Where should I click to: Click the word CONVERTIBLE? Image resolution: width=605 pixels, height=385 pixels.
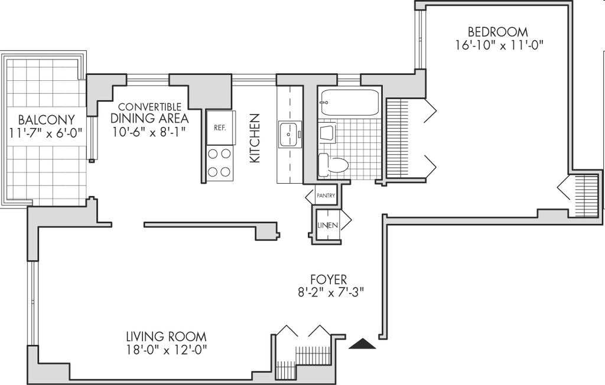(x=149, y=107)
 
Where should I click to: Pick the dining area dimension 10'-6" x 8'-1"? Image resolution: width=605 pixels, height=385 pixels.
(x=149, y=131)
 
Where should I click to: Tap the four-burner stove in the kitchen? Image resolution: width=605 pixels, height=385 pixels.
(x=220, y=163)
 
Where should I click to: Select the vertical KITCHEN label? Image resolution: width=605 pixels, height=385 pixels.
(x=255, y=139)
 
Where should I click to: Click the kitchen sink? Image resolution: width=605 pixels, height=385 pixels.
(x=290, y=135)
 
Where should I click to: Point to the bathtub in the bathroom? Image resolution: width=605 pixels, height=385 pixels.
(x=349, y=102)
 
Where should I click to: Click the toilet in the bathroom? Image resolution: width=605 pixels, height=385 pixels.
(x=333, y=165)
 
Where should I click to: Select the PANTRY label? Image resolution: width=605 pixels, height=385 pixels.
(x=326, y=195)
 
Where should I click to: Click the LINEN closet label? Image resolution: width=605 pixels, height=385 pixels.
(x=327, y=226)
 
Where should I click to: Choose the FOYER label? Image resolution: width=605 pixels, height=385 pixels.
(x=328, y=279)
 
